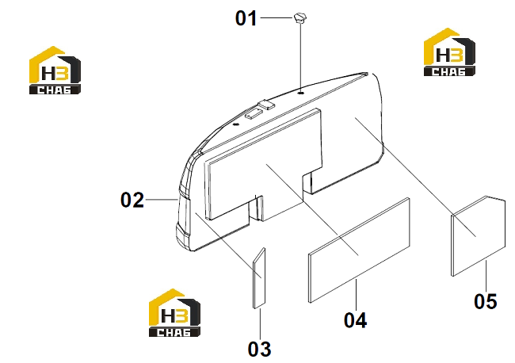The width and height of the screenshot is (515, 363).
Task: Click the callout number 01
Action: point(246,18)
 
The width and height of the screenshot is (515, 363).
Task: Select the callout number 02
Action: point(132,200)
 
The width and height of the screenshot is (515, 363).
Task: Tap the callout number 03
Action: point(259,349)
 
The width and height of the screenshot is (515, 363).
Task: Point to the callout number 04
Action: point(356,320)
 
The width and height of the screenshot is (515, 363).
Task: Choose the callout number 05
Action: point(486,301)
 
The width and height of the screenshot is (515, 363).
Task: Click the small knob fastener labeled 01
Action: point(300,18)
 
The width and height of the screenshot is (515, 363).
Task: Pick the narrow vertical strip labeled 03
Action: point(259,278)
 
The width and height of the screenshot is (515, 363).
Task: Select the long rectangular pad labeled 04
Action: point(359,250)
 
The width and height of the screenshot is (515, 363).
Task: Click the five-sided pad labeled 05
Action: point(479,236)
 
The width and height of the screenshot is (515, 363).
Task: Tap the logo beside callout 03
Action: point(174,313)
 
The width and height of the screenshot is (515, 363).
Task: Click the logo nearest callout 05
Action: point(449,52)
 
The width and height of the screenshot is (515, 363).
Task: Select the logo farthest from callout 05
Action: point(55,71)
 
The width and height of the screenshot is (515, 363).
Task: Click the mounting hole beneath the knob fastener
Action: point(301,94)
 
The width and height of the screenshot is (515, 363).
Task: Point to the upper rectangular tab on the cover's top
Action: point(266,105)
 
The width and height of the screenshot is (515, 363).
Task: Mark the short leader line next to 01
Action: point(277,17)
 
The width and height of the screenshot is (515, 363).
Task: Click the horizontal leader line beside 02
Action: point(162,200)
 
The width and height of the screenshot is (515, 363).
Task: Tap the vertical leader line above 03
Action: point(260,324)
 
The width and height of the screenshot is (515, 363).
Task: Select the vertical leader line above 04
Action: point(356,295)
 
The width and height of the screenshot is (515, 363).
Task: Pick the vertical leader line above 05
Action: point(486,276)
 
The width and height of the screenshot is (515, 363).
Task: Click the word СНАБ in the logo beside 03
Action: point(174,332)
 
